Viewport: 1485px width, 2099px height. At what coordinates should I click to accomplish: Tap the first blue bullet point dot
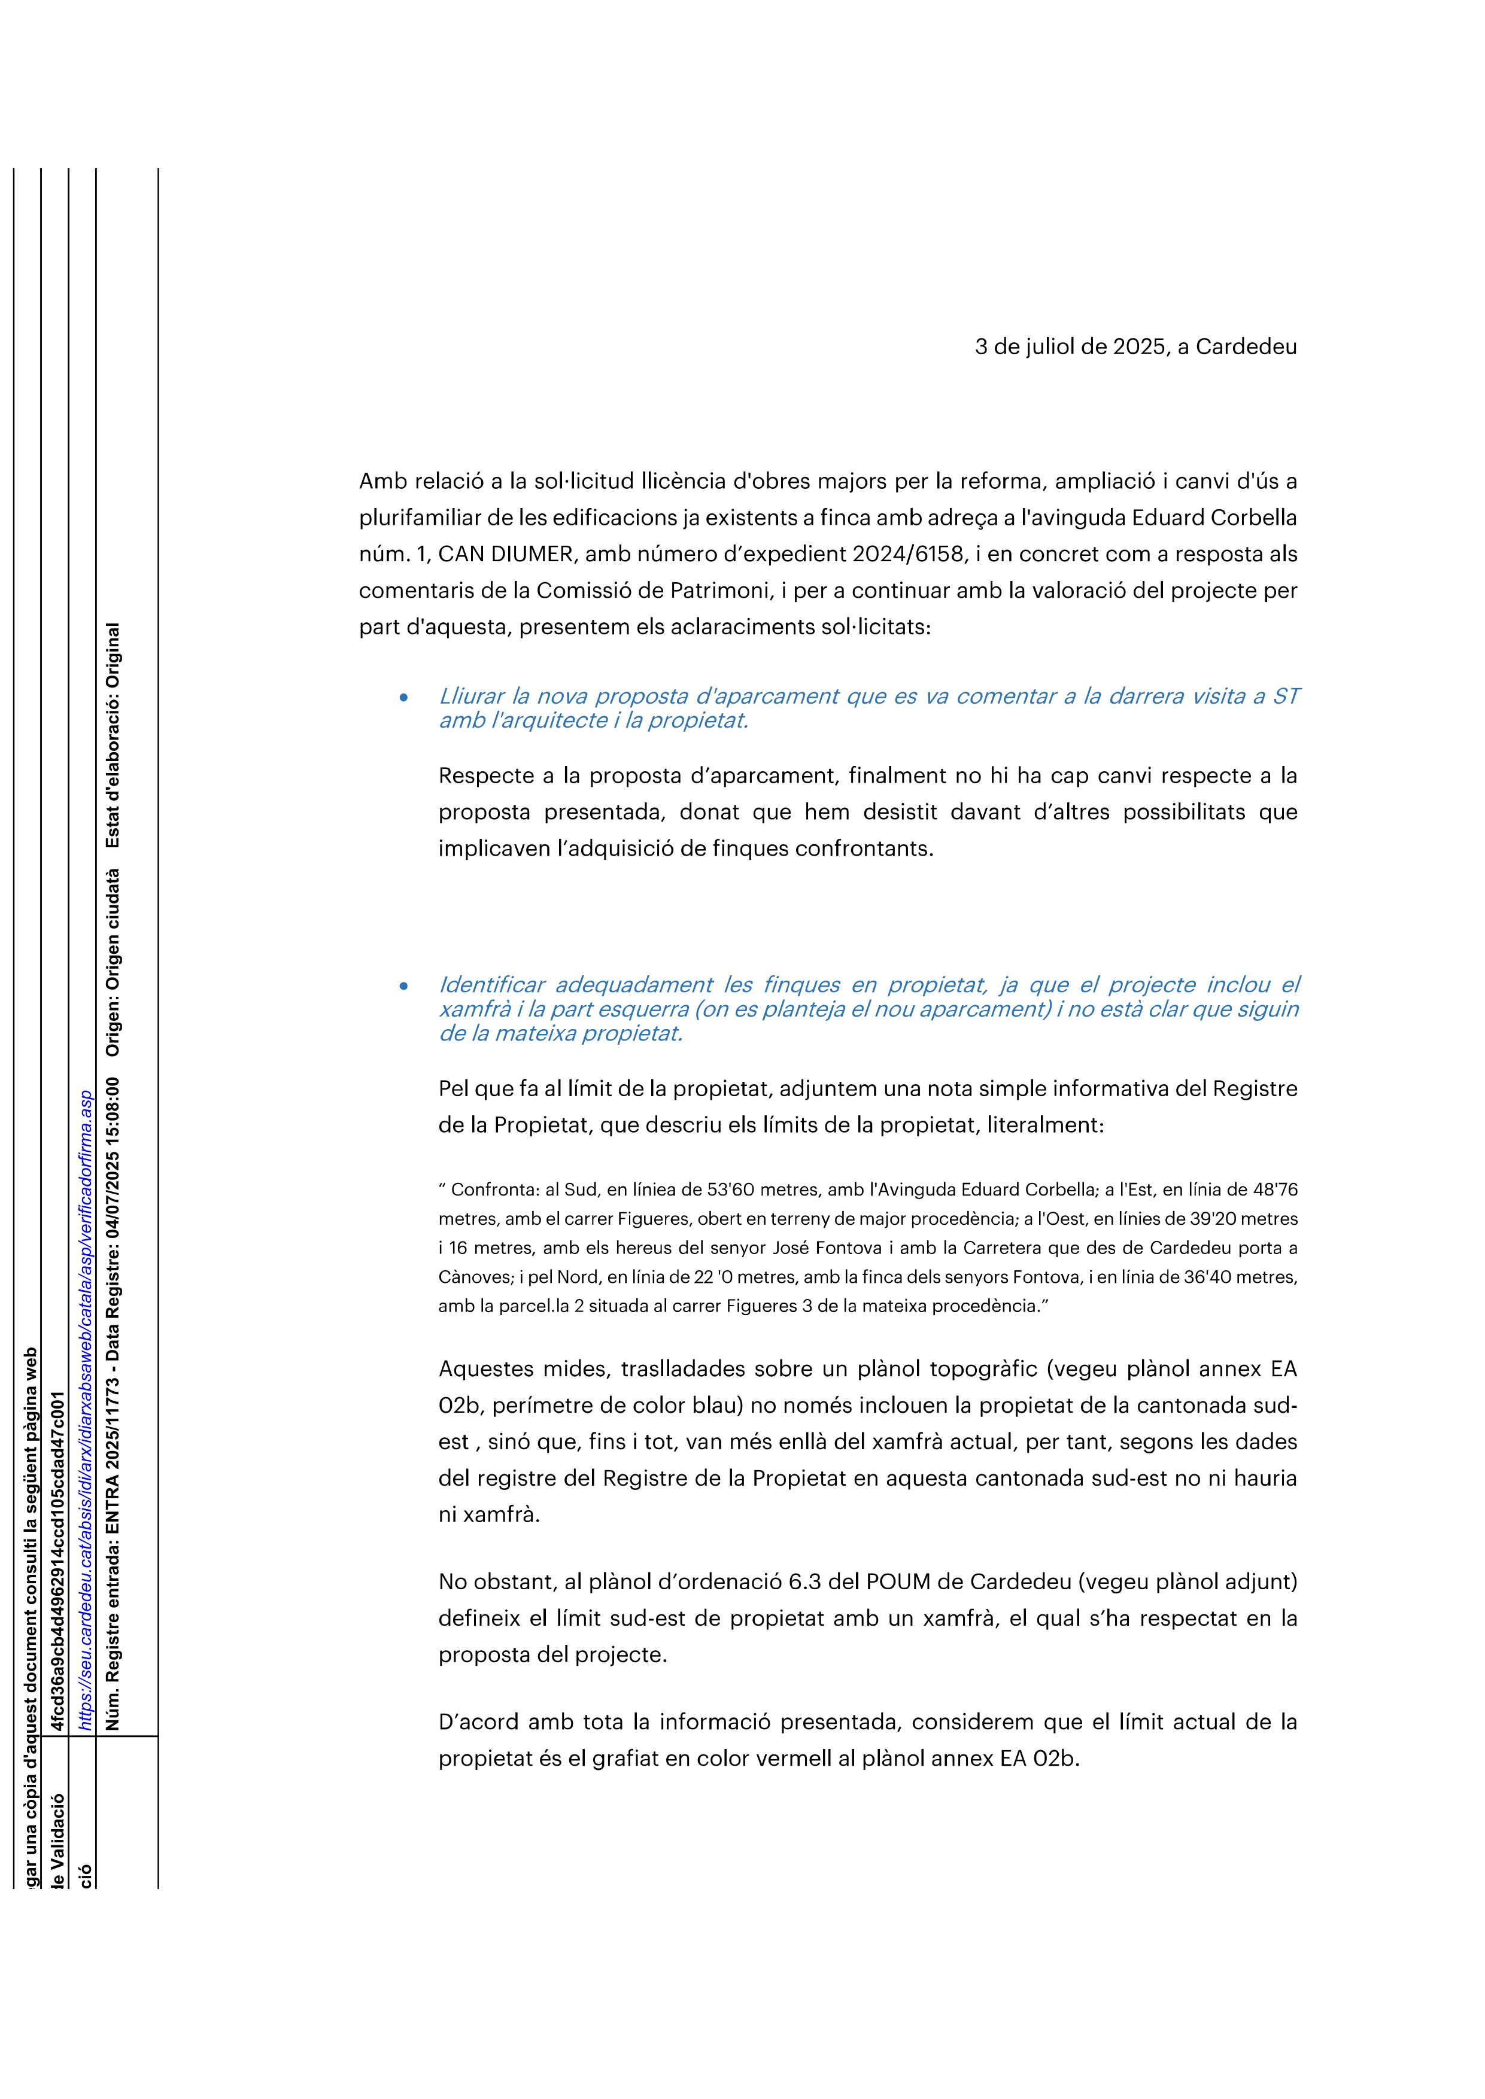403,698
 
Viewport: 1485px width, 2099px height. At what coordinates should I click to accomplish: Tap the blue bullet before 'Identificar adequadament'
403,987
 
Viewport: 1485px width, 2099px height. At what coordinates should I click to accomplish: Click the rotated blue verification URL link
85,1409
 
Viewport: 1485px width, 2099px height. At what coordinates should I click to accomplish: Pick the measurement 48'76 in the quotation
1275,1190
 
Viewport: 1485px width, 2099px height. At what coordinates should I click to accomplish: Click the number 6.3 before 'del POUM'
804,1581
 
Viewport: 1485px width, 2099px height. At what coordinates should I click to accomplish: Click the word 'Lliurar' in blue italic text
471,696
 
